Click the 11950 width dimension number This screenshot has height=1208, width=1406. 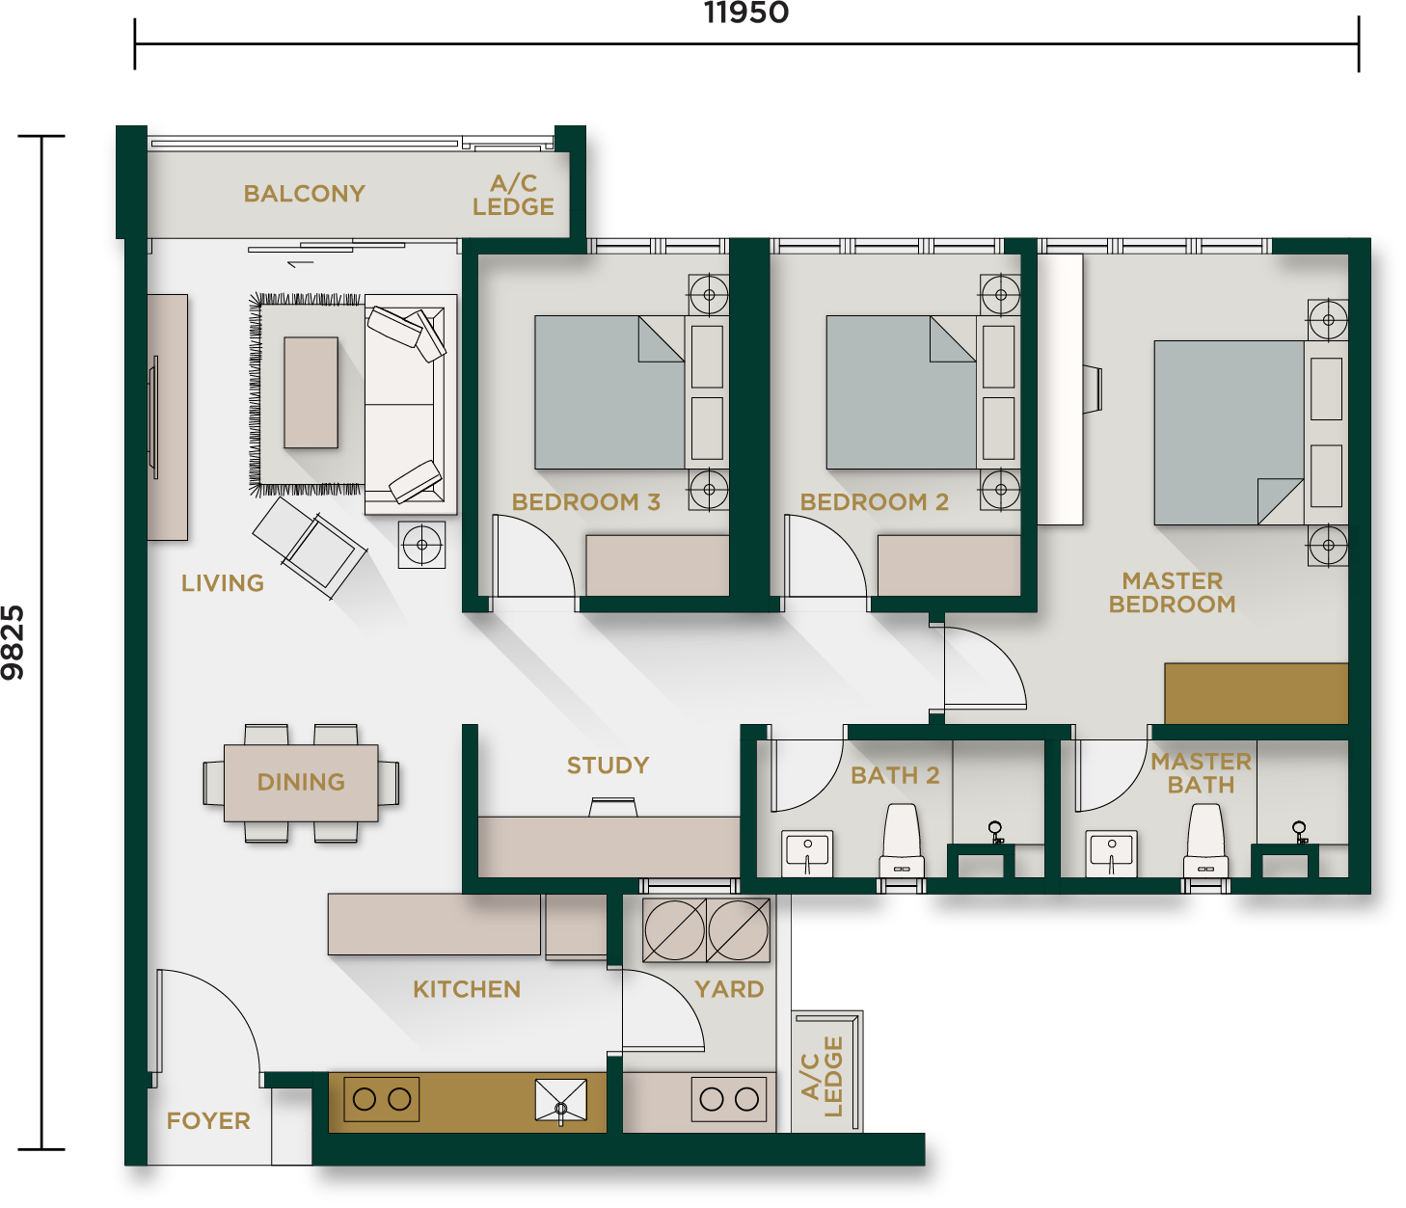click(746, 13)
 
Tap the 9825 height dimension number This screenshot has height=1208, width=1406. click(13, 642)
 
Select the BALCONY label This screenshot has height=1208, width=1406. click(304, 194)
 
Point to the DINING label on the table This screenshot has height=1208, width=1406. click(301, 782)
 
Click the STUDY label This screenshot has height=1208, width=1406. click(608, 765)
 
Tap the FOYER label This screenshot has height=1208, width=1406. click(208, 1120)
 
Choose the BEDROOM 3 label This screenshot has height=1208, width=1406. click(585, 502)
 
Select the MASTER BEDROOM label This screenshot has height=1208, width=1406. click(1172, 593)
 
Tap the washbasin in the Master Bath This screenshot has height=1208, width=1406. click(1112, 853)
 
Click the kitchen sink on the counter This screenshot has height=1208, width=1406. click(560, 1101)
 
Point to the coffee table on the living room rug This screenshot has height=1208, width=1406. click(311, 392)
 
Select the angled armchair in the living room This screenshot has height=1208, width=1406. click(310, 548)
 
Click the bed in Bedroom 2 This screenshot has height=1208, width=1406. click(902, 392)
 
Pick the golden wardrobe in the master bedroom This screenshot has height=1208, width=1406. click(1256, 693)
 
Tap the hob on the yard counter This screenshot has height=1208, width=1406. click(728, 1099)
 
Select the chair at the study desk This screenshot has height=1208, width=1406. click(613, 807)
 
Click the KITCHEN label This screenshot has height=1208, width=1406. click(467, 989)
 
